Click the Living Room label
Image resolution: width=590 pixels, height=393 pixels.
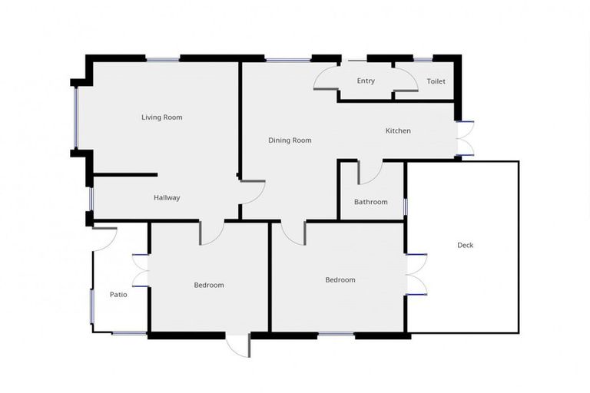click(161, 117)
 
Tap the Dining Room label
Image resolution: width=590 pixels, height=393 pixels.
click(290, 140)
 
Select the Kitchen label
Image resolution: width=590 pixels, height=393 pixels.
click(398, 131)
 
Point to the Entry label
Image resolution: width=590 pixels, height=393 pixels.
click(366, 81)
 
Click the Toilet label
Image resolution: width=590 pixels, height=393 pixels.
click(436, 81)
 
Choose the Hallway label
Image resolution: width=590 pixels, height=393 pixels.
click(167, 198)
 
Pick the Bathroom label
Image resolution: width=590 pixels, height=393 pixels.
click(370, 203)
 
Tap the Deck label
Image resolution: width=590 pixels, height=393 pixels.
click(466, 246)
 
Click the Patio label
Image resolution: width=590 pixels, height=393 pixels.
click(118, 294)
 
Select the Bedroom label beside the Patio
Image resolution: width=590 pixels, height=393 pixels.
click(208, 286)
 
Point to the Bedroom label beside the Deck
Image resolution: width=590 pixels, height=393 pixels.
click(340, 280)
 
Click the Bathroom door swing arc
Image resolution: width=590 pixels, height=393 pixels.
click(370, 173)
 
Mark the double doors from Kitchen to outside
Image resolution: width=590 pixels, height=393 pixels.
click(464, 139)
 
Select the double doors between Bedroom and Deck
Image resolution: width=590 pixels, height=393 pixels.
click(416, 274)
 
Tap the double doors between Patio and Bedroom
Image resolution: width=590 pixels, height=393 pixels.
click(140, 270)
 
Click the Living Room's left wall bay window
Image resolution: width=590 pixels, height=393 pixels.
click(75, 117)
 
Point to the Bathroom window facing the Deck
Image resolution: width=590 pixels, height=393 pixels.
click(406, 206)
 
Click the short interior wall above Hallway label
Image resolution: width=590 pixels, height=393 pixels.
click(125, 175)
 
